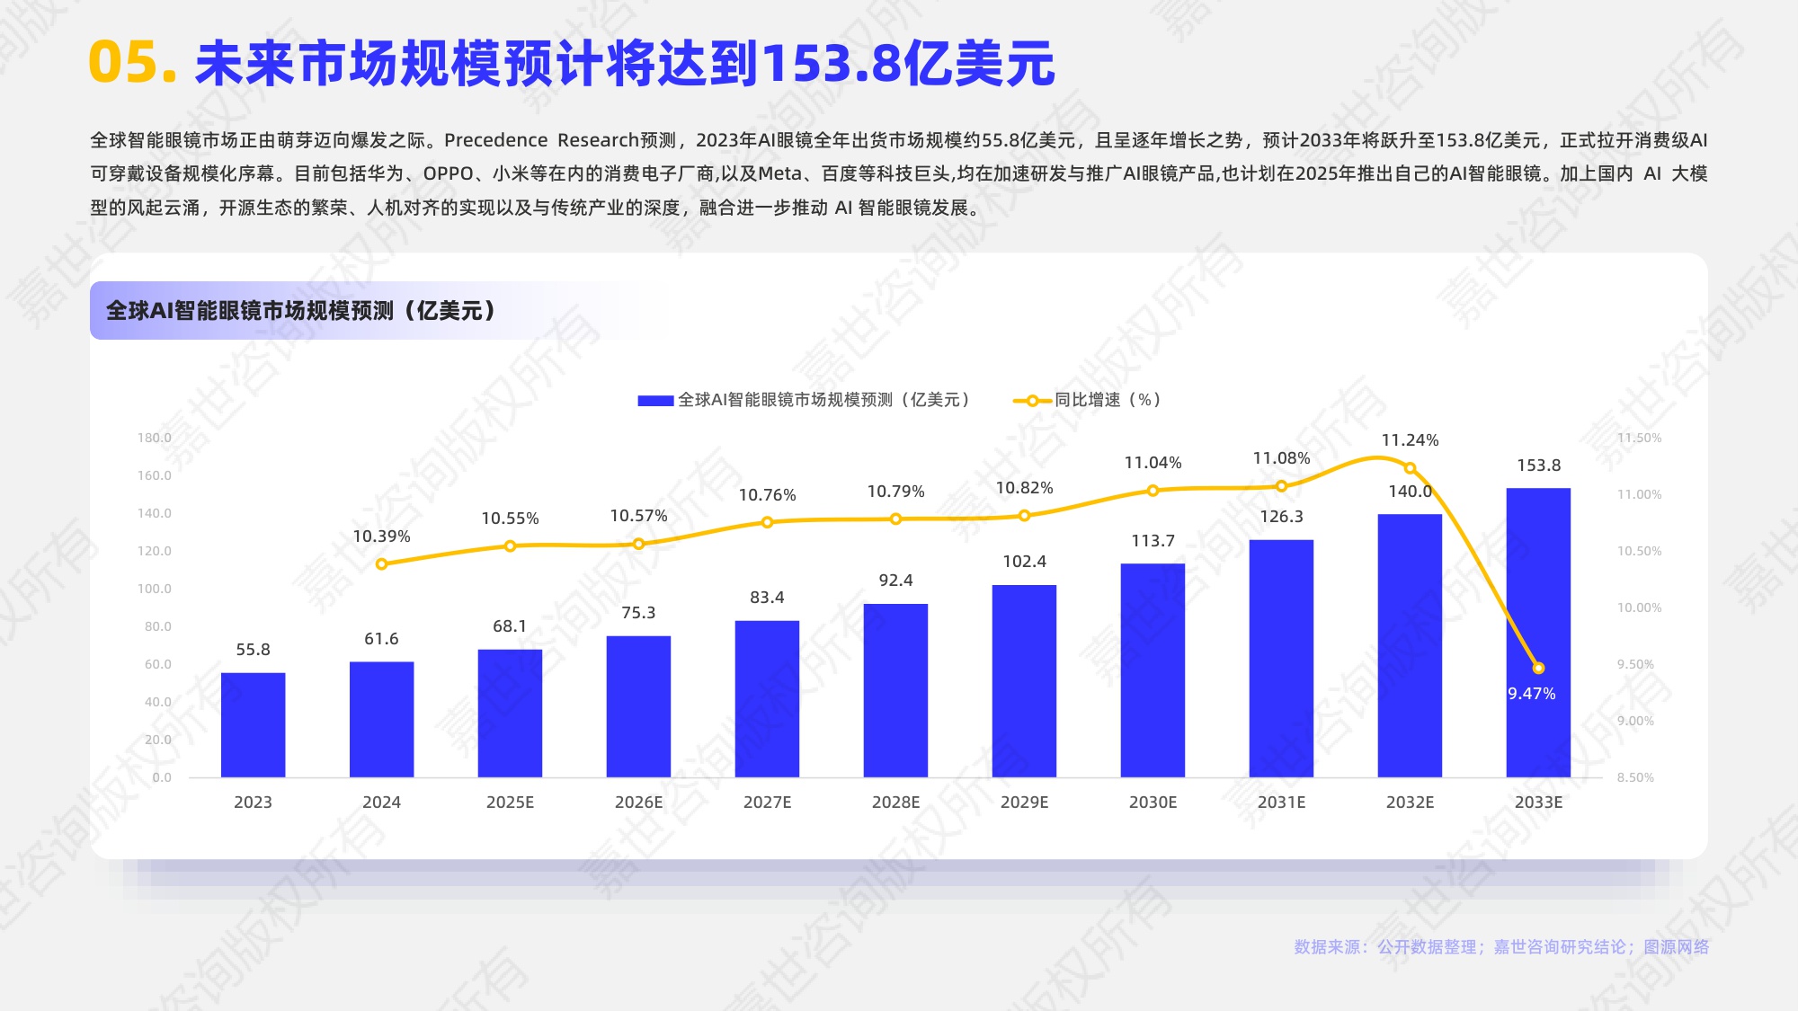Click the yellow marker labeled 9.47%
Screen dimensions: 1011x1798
[1538, 668]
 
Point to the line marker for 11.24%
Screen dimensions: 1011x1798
[1410, 468]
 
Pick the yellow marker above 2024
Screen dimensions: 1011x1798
[381, 564]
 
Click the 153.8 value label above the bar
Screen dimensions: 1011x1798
[1538, 466]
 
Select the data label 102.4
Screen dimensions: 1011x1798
[1024, 562]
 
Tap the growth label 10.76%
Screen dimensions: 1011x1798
[767, 495]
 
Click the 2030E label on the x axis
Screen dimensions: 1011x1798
[1153, 803]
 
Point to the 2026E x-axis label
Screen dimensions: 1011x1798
[638, 803]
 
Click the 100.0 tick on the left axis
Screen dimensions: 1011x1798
[154, 589]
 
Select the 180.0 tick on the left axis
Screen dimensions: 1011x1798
[154, 438]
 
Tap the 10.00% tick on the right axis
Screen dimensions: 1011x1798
[1639, 607]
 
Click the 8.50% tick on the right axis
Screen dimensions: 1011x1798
[1635, 777]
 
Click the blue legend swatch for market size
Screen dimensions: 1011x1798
[655, 401]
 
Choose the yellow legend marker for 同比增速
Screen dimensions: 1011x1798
[1032, 401]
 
